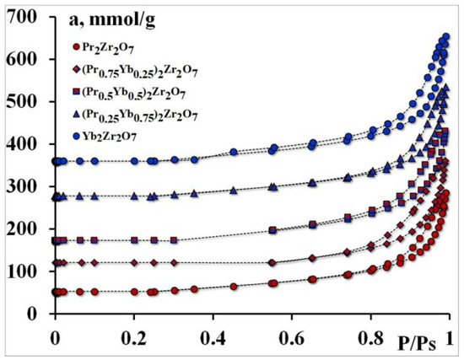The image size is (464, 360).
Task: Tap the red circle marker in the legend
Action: (x=77, y=47)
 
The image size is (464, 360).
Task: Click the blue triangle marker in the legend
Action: (x=77, y=111)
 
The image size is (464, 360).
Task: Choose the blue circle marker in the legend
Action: (x=77, y=133)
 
